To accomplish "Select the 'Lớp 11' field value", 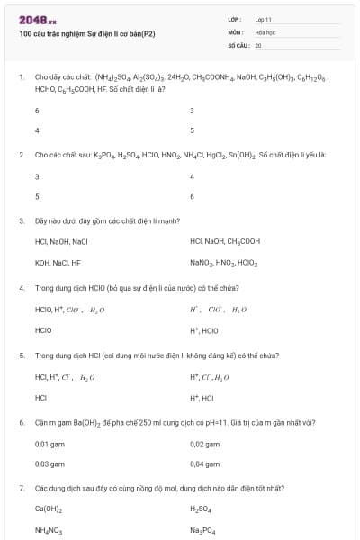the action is pos(264,19).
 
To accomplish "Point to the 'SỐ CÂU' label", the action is pos(238,44).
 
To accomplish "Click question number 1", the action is pos(21,77).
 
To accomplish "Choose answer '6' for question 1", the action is pos(37,111).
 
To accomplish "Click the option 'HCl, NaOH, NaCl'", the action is pos(61,241).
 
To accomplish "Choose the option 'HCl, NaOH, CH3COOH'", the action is pos(225,241).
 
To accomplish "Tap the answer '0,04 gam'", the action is pos(205,463).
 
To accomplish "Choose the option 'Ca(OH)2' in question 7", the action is pos(49,509).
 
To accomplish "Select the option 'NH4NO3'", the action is pos(49,531).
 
